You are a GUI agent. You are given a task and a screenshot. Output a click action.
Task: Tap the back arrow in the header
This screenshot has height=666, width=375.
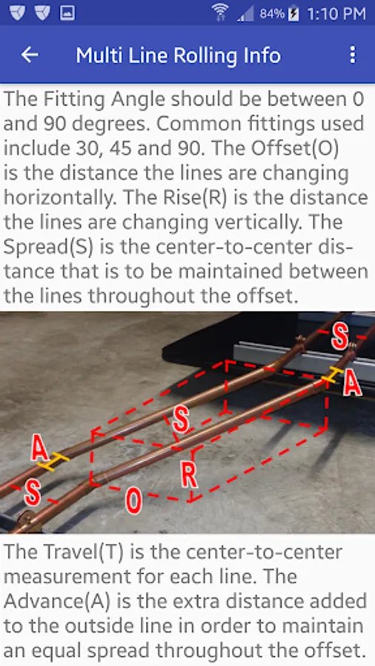(30, 55)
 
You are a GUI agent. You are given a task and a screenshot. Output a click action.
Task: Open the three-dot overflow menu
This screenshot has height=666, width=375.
(352, 55)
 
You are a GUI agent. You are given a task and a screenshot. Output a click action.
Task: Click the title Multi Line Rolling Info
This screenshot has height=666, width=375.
(178, 55)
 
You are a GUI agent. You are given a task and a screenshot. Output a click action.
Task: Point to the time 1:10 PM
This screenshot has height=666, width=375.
(336, 14)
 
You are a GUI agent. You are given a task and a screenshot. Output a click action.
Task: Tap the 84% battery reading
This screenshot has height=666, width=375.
(272, 14)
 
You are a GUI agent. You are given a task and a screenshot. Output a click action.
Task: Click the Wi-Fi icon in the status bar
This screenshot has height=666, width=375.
(221, 13)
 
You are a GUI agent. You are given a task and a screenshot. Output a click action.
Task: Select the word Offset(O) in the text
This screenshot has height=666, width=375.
(295, 148)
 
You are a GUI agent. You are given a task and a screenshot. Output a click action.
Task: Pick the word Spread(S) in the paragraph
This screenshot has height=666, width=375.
(48, 246)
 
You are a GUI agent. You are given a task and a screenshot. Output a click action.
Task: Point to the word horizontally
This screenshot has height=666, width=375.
(59, 198)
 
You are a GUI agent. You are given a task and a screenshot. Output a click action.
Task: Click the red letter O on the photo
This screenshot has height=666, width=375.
(133, 501)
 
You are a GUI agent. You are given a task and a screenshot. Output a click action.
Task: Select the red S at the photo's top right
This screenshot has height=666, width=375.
(340, 337)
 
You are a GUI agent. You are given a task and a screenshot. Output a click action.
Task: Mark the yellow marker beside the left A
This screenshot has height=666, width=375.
(53, 462)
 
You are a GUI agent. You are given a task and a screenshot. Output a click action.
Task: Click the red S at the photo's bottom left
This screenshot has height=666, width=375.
(33, 494)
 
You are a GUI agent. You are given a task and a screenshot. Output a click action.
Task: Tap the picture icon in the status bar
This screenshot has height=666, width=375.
(67, 13)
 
